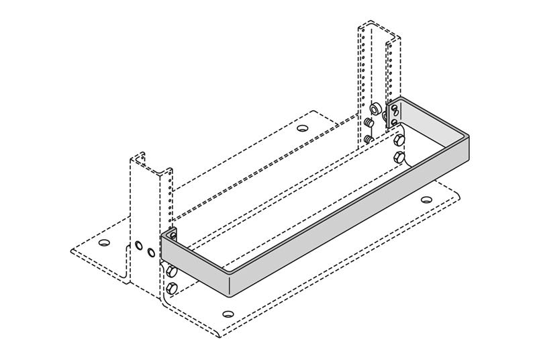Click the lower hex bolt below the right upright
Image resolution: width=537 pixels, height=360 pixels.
(x=398, y=159)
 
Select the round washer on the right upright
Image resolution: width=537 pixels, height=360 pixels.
(x=376, y=108)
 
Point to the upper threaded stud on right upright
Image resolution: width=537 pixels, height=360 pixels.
(x=369, y=123)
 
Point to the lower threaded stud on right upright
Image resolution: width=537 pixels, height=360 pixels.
(x=369, y=139)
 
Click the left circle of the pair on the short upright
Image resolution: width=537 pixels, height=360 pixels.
(x=138, y=246)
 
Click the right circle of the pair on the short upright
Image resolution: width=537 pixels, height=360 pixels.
(x=151, y=253)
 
